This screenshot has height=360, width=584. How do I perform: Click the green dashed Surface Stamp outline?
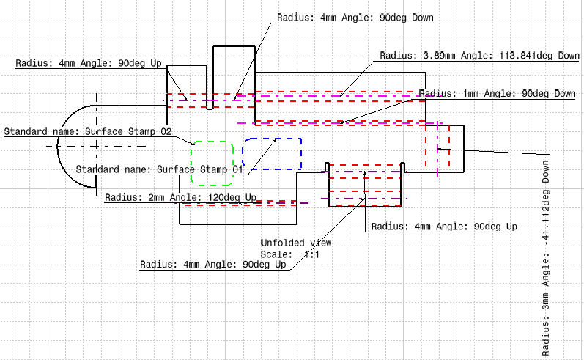191,162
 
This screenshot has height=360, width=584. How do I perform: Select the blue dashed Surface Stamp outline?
272,138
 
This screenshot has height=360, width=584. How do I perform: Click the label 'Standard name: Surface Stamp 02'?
88,132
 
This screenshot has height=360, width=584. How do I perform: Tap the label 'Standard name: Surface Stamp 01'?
159,169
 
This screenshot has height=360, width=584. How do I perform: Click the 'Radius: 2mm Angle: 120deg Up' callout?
181,198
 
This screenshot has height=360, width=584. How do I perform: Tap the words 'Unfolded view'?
296,243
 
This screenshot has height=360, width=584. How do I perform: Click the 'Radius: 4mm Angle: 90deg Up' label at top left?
89,63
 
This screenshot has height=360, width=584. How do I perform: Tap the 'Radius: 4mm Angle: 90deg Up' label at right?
443,227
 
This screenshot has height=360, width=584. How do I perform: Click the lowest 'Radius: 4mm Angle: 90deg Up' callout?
212,264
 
